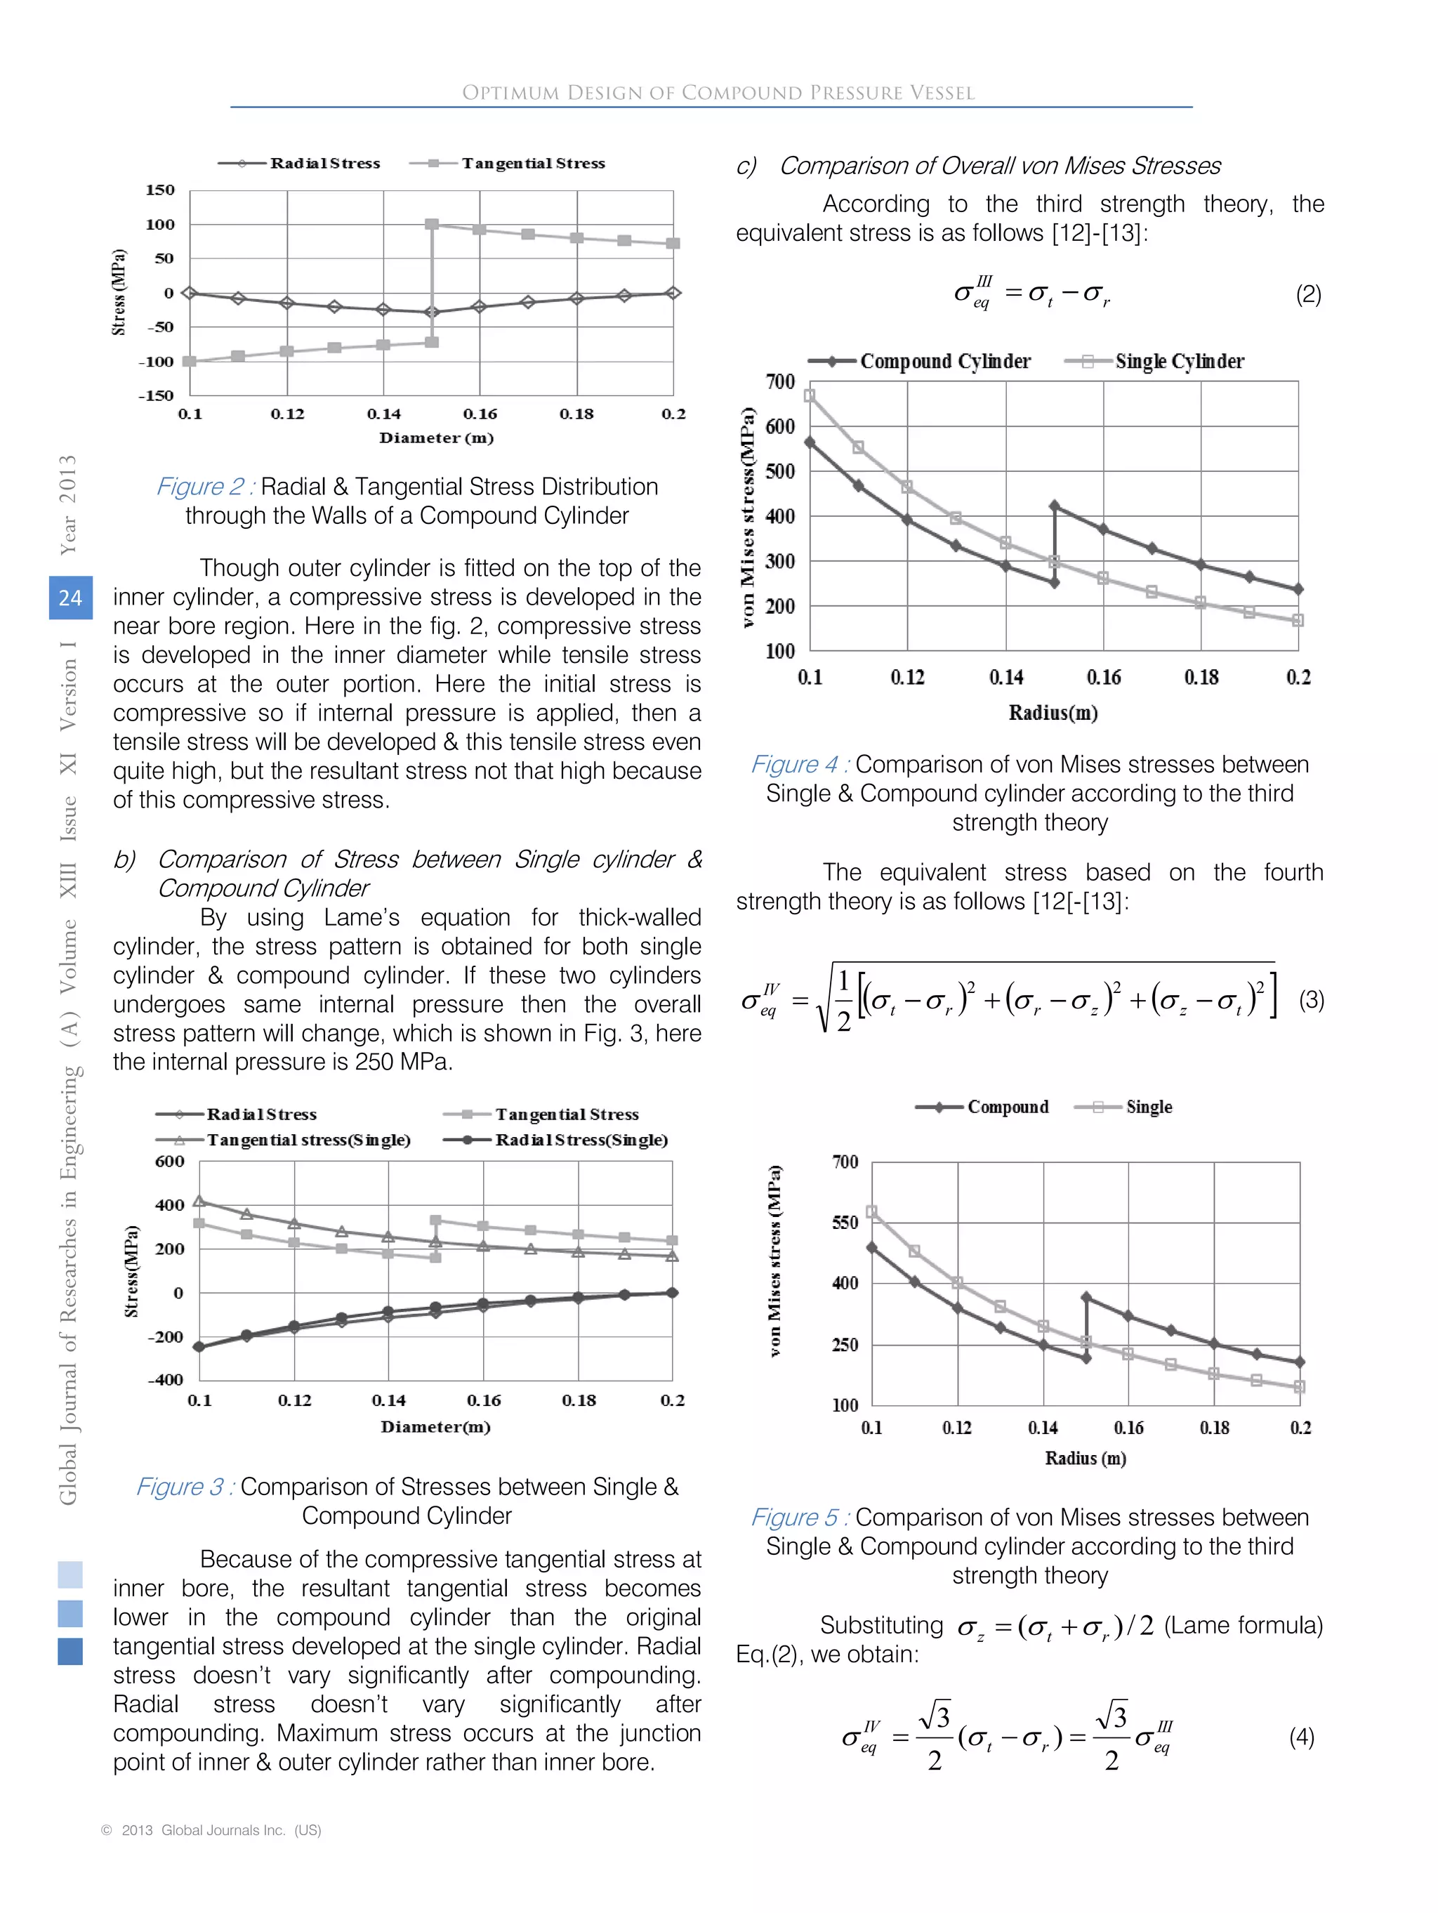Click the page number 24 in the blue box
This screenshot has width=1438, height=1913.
pos(70,598)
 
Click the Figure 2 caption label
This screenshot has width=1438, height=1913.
pos(204,487)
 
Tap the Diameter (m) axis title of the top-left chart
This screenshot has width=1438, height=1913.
pos(436,438)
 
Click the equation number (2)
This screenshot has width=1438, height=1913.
pos(1307,294)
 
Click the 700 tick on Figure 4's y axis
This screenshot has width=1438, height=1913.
pos(779,381)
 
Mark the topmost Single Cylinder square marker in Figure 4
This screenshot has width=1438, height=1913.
pos(810,395)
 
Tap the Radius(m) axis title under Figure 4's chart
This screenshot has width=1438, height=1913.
pos(1053,713)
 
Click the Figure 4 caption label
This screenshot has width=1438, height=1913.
pos(799,765)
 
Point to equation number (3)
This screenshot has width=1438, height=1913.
pos(1311,1000)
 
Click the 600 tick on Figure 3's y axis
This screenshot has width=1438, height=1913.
pos(169,1162)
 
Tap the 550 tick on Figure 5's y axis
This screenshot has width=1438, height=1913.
pos(845,1222)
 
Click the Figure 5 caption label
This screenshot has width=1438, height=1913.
pos(799,1518)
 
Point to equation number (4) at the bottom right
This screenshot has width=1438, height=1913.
pos(1301,1737)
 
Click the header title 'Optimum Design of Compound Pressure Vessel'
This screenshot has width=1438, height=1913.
pos(718,93)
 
